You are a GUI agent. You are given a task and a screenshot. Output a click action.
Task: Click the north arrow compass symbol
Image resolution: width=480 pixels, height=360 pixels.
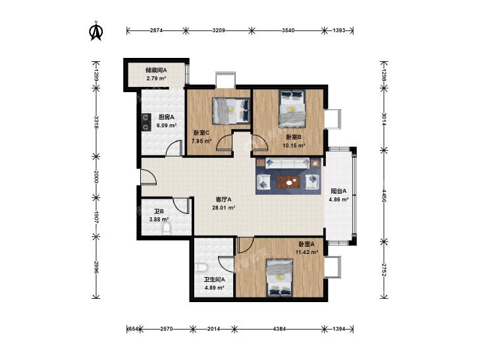(96, 31)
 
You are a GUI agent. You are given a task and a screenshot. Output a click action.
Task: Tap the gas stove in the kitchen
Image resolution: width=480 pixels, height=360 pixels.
(146, 122)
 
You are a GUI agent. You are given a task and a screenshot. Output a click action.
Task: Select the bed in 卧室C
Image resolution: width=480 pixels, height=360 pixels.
(231, 111)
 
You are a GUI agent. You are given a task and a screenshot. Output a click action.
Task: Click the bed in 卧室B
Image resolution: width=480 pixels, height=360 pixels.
(292, 109)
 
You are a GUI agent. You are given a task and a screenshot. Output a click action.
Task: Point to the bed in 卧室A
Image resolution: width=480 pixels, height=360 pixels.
(279, 278)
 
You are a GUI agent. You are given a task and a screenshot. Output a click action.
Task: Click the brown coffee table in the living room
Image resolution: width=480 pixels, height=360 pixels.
(288, 182)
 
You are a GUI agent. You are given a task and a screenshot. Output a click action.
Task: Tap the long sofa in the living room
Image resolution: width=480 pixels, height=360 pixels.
(288, 163)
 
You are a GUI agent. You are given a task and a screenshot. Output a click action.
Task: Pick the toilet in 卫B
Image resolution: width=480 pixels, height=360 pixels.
(167, 229)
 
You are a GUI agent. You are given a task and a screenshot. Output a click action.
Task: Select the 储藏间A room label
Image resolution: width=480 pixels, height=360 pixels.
(156, 70)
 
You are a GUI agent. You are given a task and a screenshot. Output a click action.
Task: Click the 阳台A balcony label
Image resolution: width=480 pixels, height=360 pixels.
(338, 191)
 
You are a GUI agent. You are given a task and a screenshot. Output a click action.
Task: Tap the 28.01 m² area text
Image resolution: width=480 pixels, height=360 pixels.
(223, 208)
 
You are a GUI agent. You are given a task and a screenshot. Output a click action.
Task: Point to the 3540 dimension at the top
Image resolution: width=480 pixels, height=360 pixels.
(288, 30)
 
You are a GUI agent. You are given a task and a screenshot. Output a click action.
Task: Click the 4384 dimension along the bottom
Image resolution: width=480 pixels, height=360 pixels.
(279, 329)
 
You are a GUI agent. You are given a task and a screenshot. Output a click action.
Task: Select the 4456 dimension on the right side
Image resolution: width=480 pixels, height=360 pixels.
(384, 195)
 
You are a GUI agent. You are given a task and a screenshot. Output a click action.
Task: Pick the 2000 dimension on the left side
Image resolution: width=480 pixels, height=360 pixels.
(96, 177)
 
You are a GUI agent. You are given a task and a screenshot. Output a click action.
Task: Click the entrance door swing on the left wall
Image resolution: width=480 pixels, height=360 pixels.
(149, 177)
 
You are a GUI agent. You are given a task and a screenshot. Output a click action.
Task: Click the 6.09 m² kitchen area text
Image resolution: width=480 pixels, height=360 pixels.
(166, 126)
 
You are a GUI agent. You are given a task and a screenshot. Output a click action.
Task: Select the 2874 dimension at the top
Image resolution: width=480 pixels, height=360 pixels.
(156, 30)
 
